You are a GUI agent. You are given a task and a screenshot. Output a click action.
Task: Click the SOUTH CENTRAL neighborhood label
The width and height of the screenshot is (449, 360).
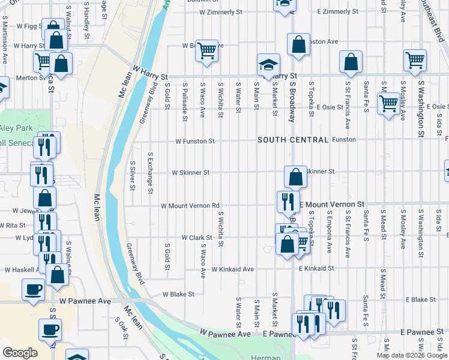pos(293,140)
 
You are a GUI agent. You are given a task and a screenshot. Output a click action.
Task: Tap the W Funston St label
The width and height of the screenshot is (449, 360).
pos(194,142)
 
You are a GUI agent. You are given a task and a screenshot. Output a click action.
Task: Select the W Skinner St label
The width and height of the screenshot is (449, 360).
pos(190,172)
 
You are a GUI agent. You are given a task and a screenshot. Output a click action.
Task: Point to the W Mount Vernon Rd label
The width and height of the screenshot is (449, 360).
pos(190,205)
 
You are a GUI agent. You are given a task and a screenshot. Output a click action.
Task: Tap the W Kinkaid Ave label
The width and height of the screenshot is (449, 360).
pos(232,269)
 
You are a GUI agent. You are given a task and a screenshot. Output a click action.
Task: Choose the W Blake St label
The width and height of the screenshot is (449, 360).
pos(178,295)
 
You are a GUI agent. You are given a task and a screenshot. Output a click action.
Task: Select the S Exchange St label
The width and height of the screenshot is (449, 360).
pos(150,173)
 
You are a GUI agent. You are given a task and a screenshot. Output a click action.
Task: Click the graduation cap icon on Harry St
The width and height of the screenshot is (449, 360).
pos(268,64)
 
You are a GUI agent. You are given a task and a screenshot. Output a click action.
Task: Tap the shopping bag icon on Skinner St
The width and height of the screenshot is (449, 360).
pos(295,176)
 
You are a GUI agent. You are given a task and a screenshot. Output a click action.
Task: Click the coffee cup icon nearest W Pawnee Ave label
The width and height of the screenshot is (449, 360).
pos(33,289)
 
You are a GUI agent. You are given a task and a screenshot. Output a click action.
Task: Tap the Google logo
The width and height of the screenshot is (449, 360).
pos(20,353)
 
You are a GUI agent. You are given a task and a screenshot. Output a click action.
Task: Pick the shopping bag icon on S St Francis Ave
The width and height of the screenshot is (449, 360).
pos(351,61)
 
